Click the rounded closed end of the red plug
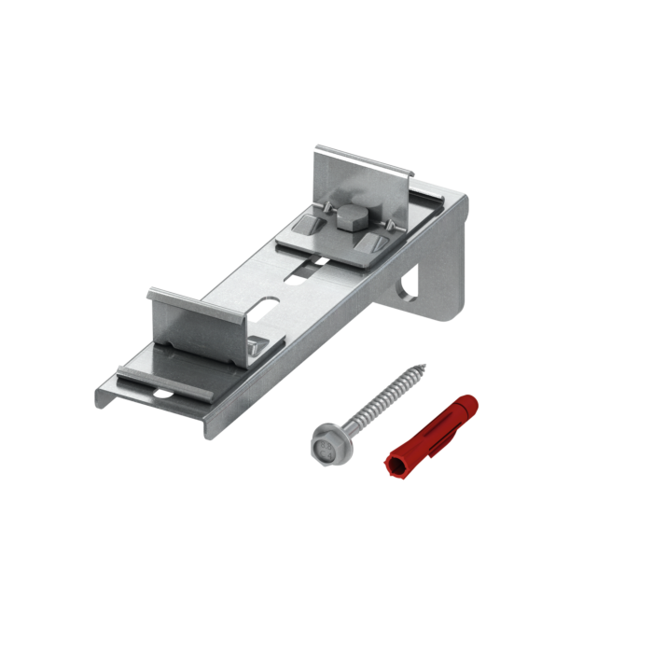point(473,402)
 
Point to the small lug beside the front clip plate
point(256,346)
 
